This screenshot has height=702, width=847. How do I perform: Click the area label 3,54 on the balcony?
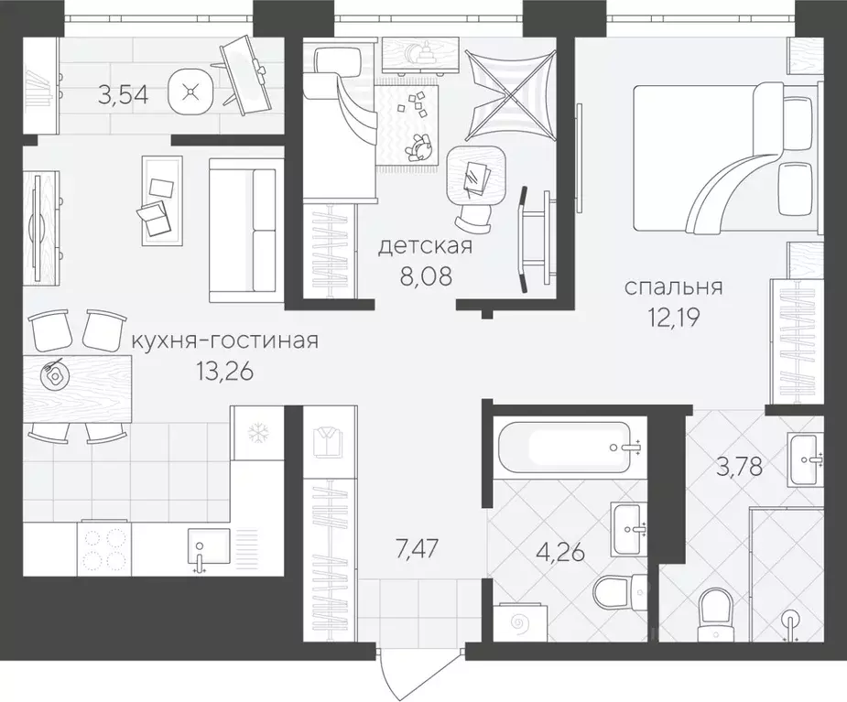(123, 96)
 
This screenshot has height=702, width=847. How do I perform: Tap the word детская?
(425, 246)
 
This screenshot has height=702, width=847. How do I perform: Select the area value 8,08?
(425, 277)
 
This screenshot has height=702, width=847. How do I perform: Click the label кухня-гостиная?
(225, 341)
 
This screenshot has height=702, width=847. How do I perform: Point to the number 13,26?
(225, 373)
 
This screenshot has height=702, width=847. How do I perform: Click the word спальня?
(674, 287)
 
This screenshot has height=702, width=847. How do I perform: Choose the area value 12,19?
(674, 319)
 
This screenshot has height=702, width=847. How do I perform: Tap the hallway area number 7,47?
(416, 550)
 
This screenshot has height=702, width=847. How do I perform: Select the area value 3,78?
(740, 467)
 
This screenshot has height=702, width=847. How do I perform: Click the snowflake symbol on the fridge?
(257, 433)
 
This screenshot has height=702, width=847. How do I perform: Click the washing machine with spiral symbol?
(522, 623)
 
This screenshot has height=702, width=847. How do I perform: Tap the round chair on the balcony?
(190, 92)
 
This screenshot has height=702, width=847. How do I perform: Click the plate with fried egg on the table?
(53, 373)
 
